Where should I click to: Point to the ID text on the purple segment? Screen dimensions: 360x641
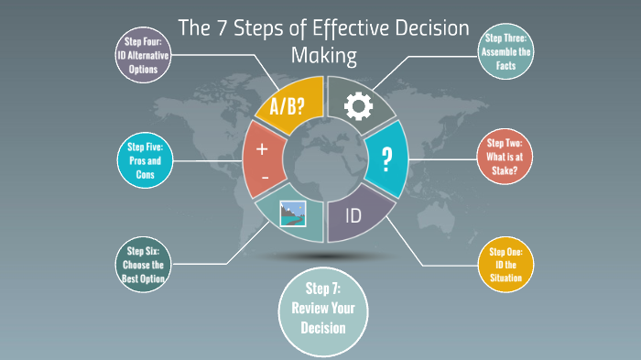(353, 217)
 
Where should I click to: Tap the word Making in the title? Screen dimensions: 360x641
(322, 55)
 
